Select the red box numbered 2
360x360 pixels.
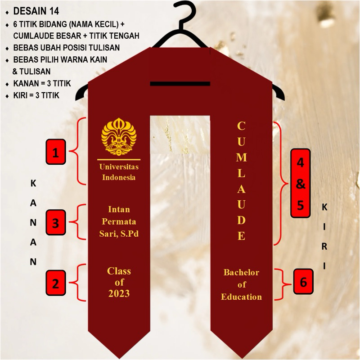(56, 283)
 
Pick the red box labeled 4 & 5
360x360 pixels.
(300, 183)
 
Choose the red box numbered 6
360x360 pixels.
(303, 282)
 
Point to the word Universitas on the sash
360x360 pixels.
(119, 167)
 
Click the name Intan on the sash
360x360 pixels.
(119, 209)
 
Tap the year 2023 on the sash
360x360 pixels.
(119, 294)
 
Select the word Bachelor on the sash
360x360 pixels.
(242, 272)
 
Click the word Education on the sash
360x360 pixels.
(242, 297)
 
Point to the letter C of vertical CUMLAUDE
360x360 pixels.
(242, 126)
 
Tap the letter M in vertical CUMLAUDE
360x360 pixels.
(242, 157)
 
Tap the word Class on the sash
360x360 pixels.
(119, 271)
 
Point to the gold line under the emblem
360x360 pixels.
(119, 159)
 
